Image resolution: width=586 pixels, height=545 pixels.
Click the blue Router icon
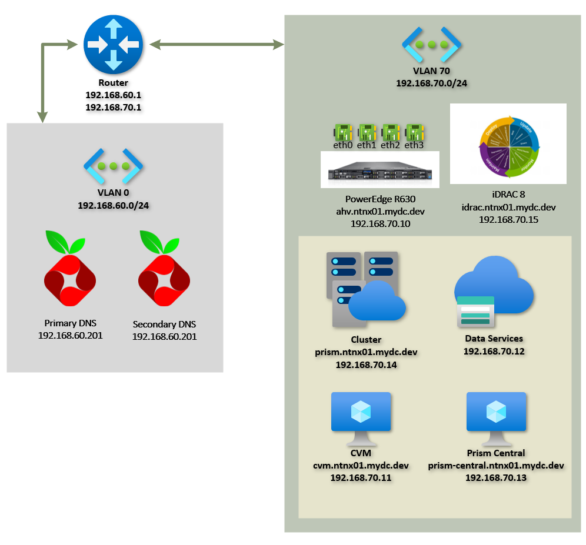coord(113,45)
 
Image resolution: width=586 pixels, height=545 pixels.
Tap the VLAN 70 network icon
coord(431,45)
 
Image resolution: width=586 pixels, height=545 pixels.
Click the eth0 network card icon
coord(343,131)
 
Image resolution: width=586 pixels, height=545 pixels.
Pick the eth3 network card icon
coord(415,131)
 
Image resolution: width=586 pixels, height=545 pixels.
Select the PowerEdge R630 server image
coord(379,169)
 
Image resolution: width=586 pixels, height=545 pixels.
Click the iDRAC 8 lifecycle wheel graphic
coord(508,144)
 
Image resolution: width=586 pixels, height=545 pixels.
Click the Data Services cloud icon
coord(493,293)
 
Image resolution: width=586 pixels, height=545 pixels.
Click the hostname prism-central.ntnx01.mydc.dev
coord(496,466)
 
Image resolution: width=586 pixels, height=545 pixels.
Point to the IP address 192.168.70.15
coord(508,219)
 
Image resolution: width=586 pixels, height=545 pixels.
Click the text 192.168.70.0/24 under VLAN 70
coord(431,83)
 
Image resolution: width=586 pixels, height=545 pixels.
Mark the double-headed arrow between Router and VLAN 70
coord(217,44)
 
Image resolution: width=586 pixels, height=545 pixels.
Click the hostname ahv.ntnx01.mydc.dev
coord(379,212)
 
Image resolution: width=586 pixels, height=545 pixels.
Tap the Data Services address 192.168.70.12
coord(494,351)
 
